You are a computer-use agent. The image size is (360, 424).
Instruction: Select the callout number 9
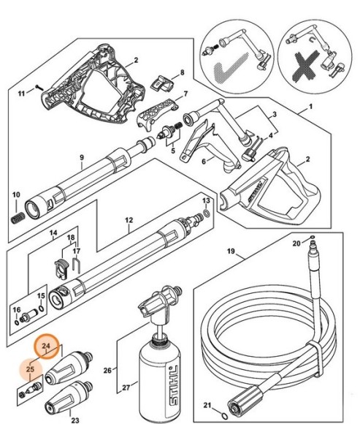tap(82, 158)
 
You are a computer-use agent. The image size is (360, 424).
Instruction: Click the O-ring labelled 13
tap(207, 215)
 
